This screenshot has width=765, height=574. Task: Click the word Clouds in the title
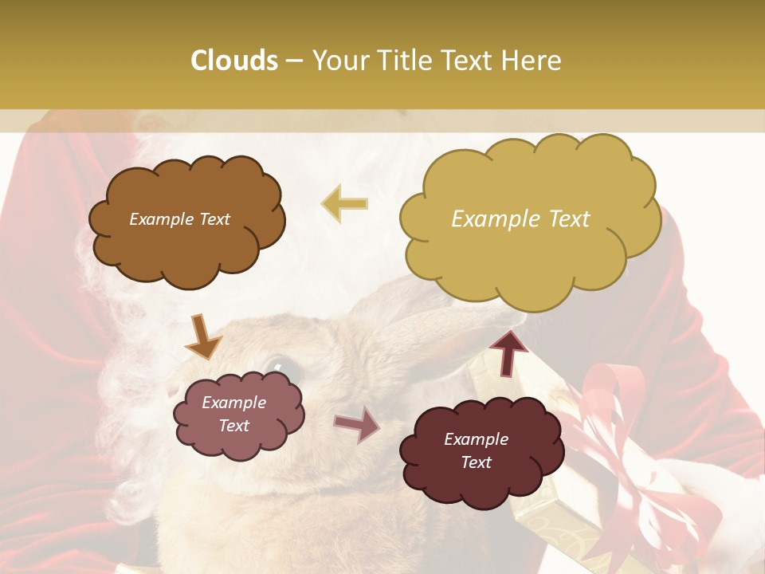(x=234, y=61)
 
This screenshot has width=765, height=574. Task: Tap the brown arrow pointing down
(x=204, y=338)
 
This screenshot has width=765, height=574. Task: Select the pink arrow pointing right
(x=358, y=424)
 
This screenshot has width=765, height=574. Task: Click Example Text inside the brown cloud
(x=180, y=219)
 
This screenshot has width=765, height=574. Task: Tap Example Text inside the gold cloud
(x=520, y=219)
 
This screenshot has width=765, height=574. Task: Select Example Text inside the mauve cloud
(x=234, y=414)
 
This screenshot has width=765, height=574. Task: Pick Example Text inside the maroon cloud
(x=477, y=450)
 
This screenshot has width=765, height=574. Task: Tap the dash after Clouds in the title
(x=294, y=61)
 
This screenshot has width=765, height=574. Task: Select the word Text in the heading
(x=469, y=61)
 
